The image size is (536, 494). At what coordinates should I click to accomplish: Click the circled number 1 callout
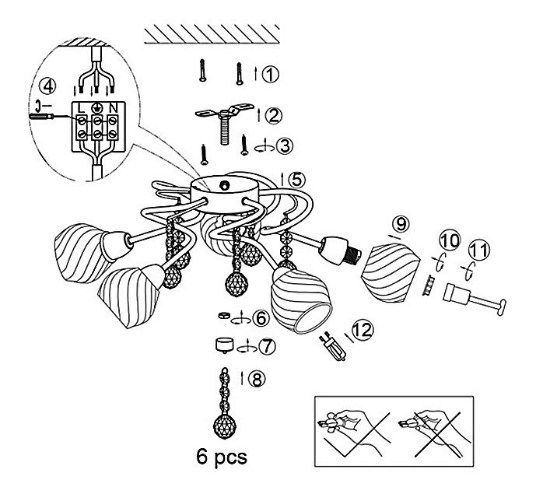coord(269,75)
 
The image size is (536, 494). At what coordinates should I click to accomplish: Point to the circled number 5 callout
coord(296,178)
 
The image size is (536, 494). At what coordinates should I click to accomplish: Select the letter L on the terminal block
coord(82,107)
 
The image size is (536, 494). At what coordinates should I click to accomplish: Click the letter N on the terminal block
coord(114,107)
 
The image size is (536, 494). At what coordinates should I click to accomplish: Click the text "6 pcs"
coord(223,455)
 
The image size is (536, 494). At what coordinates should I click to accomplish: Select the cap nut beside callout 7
coord(224,343)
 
